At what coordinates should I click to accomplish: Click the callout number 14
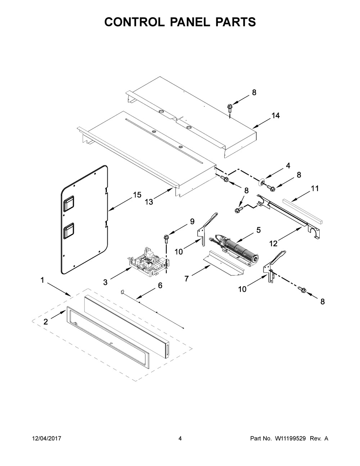coord(275,116)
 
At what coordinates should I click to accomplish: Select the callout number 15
coord(137,195)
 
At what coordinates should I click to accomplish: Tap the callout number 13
coord(149,202)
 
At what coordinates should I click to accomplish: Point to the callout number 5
coord(258,230)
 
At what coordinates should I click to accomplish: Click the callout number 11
coord(315,188)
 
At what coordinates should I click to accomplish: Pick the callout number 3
coord(105,283)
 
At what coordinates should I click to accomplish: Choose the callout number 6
coord(160,286)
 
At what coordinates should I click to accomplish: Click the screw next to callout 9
coord(167,238)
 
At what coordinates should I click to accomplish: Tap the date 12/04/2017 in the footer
coord(46,439)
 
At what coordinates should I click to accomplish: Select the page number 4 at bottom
coord(180,439)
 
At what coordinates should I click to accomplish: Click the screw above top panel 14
coord(229,107)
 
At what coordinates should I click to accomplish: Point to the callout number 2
coord(45,322)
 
